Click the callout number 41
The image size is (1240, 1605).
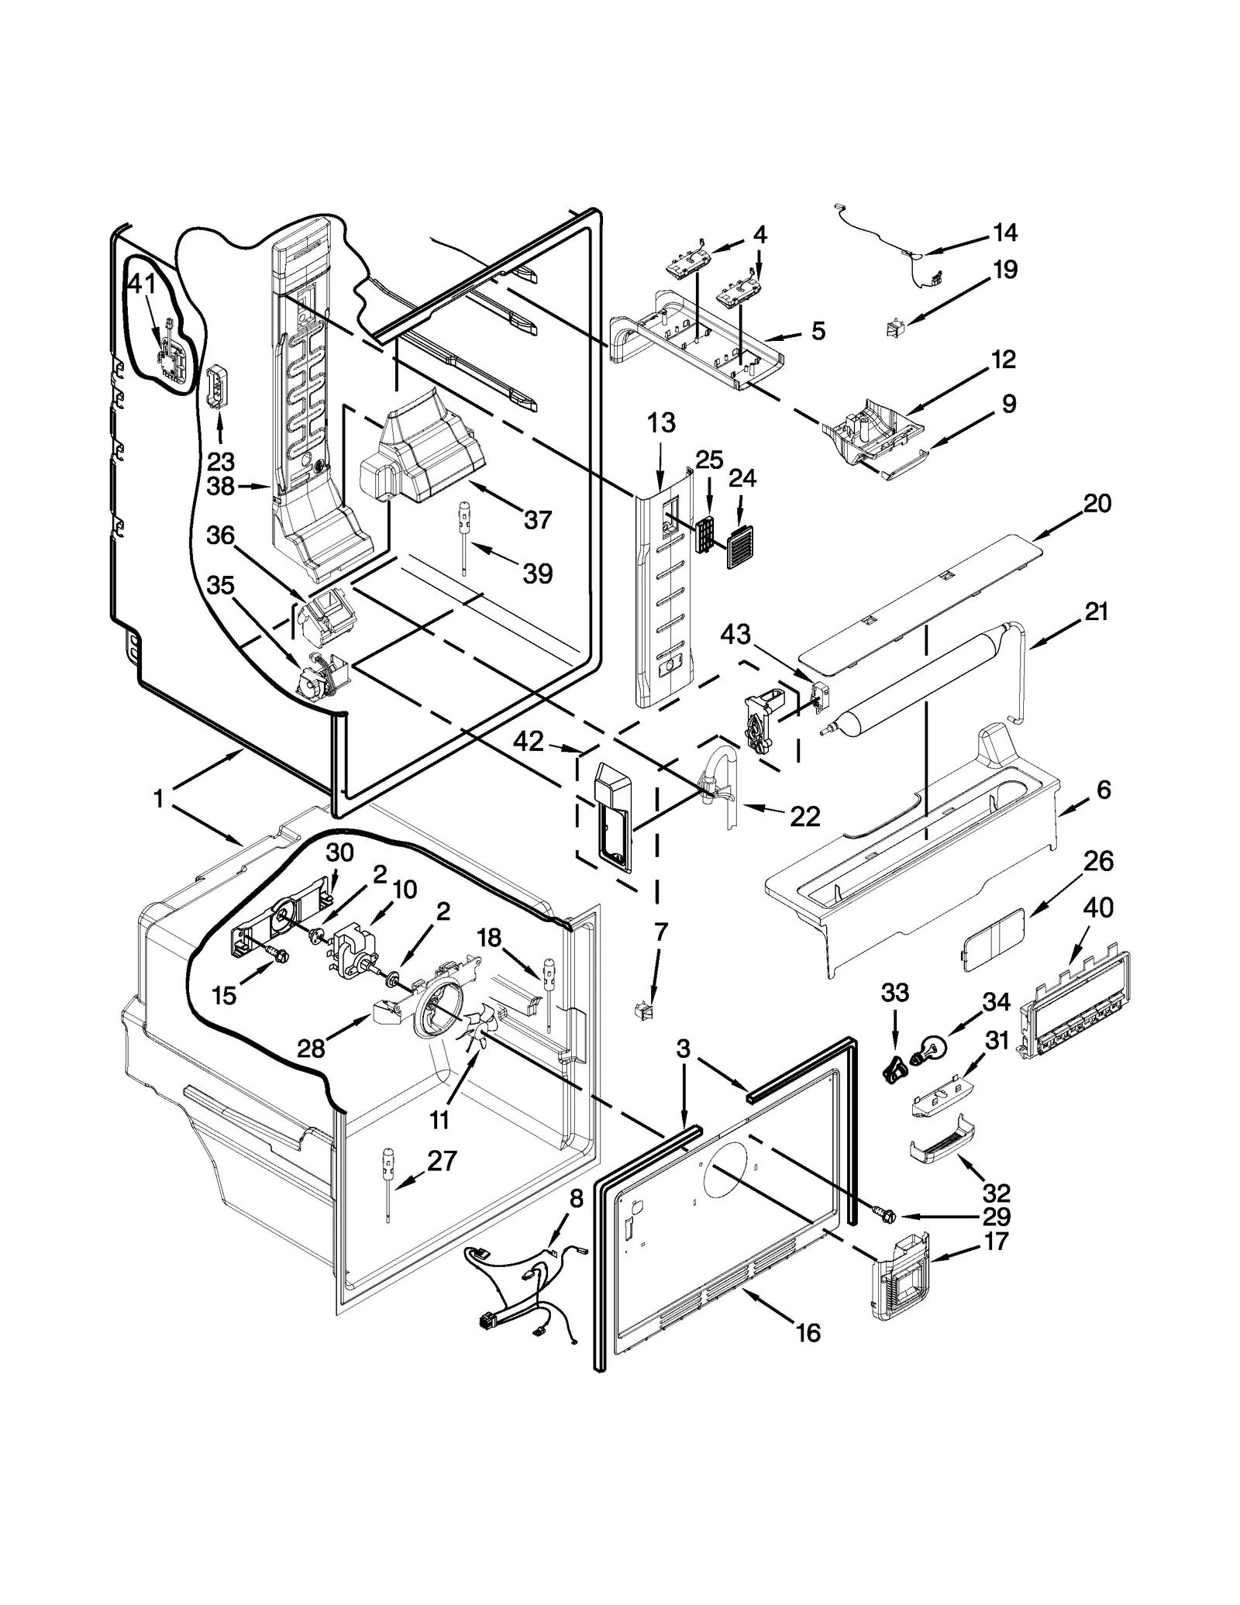[142, 285]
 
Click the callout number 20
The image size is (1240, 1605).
[1097, 505]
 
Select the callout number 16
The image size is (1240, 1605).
[808, 1333]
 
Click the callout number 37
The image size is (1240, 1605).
[537, 520]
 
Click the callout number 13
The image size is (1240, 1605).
[661, 424]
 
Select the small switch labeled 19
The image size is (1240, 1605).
[894, 329]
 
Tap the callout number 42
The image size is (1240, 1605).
[529, 742]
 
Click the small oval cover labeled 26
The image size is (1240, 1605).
[993, 939]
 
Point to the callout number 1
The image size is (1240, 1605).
[159, 798]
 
